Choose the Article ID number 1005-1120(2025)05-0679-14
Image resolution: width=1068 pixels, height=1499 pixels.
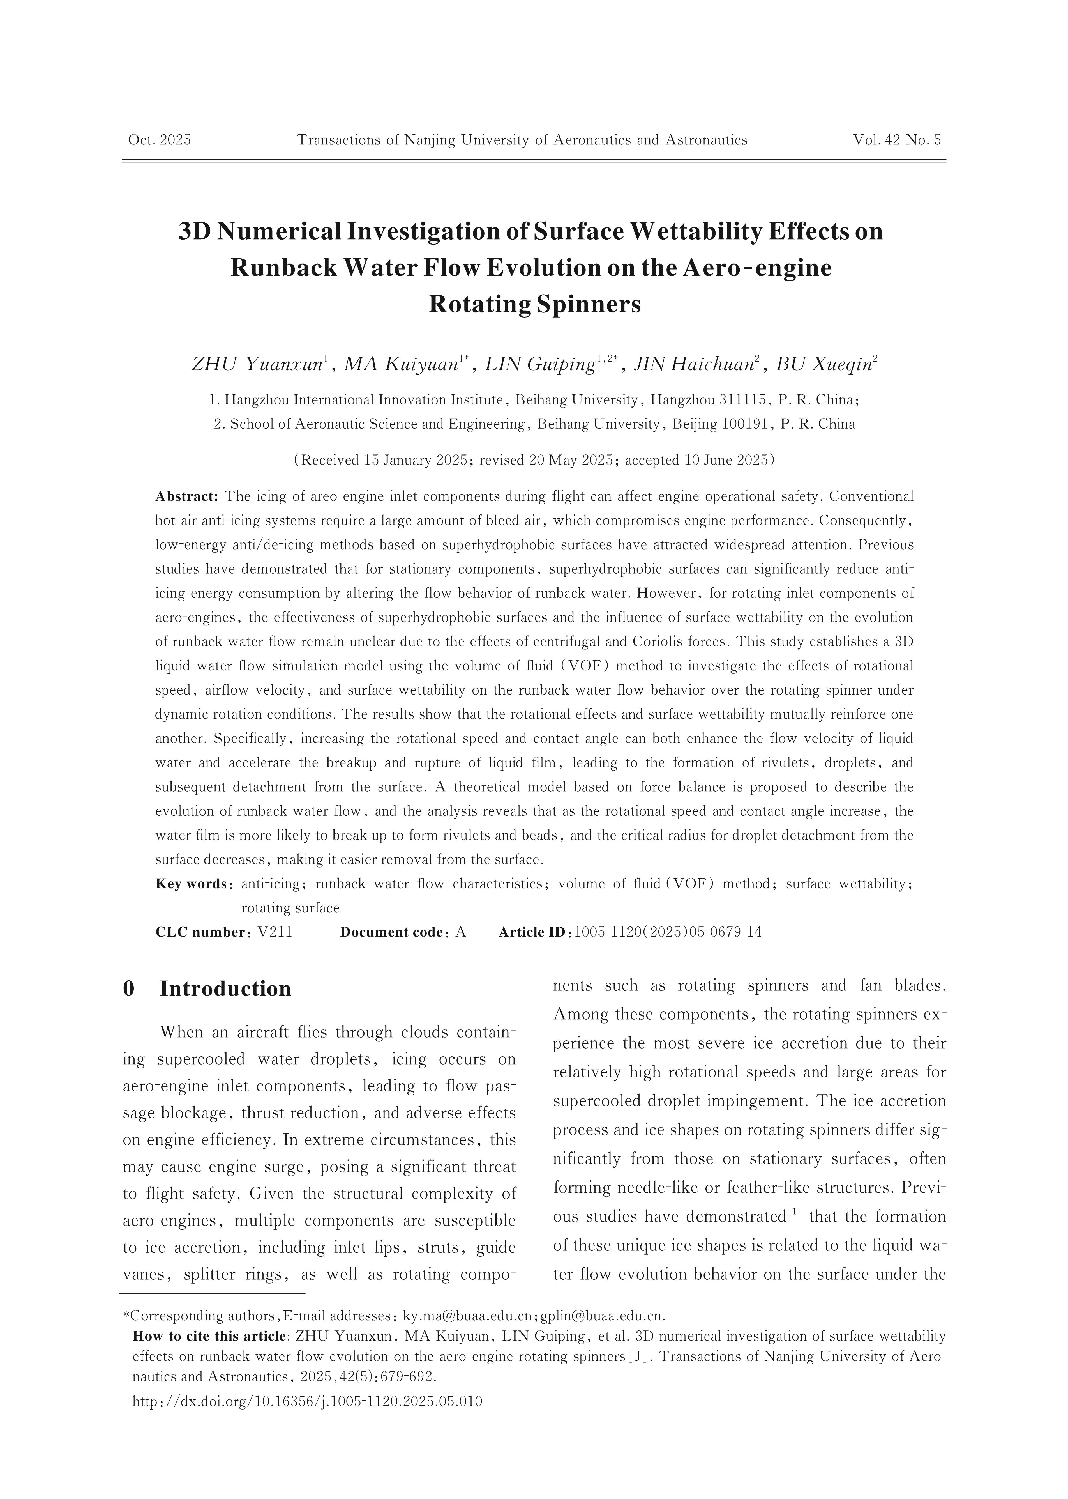coord(668,932)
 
